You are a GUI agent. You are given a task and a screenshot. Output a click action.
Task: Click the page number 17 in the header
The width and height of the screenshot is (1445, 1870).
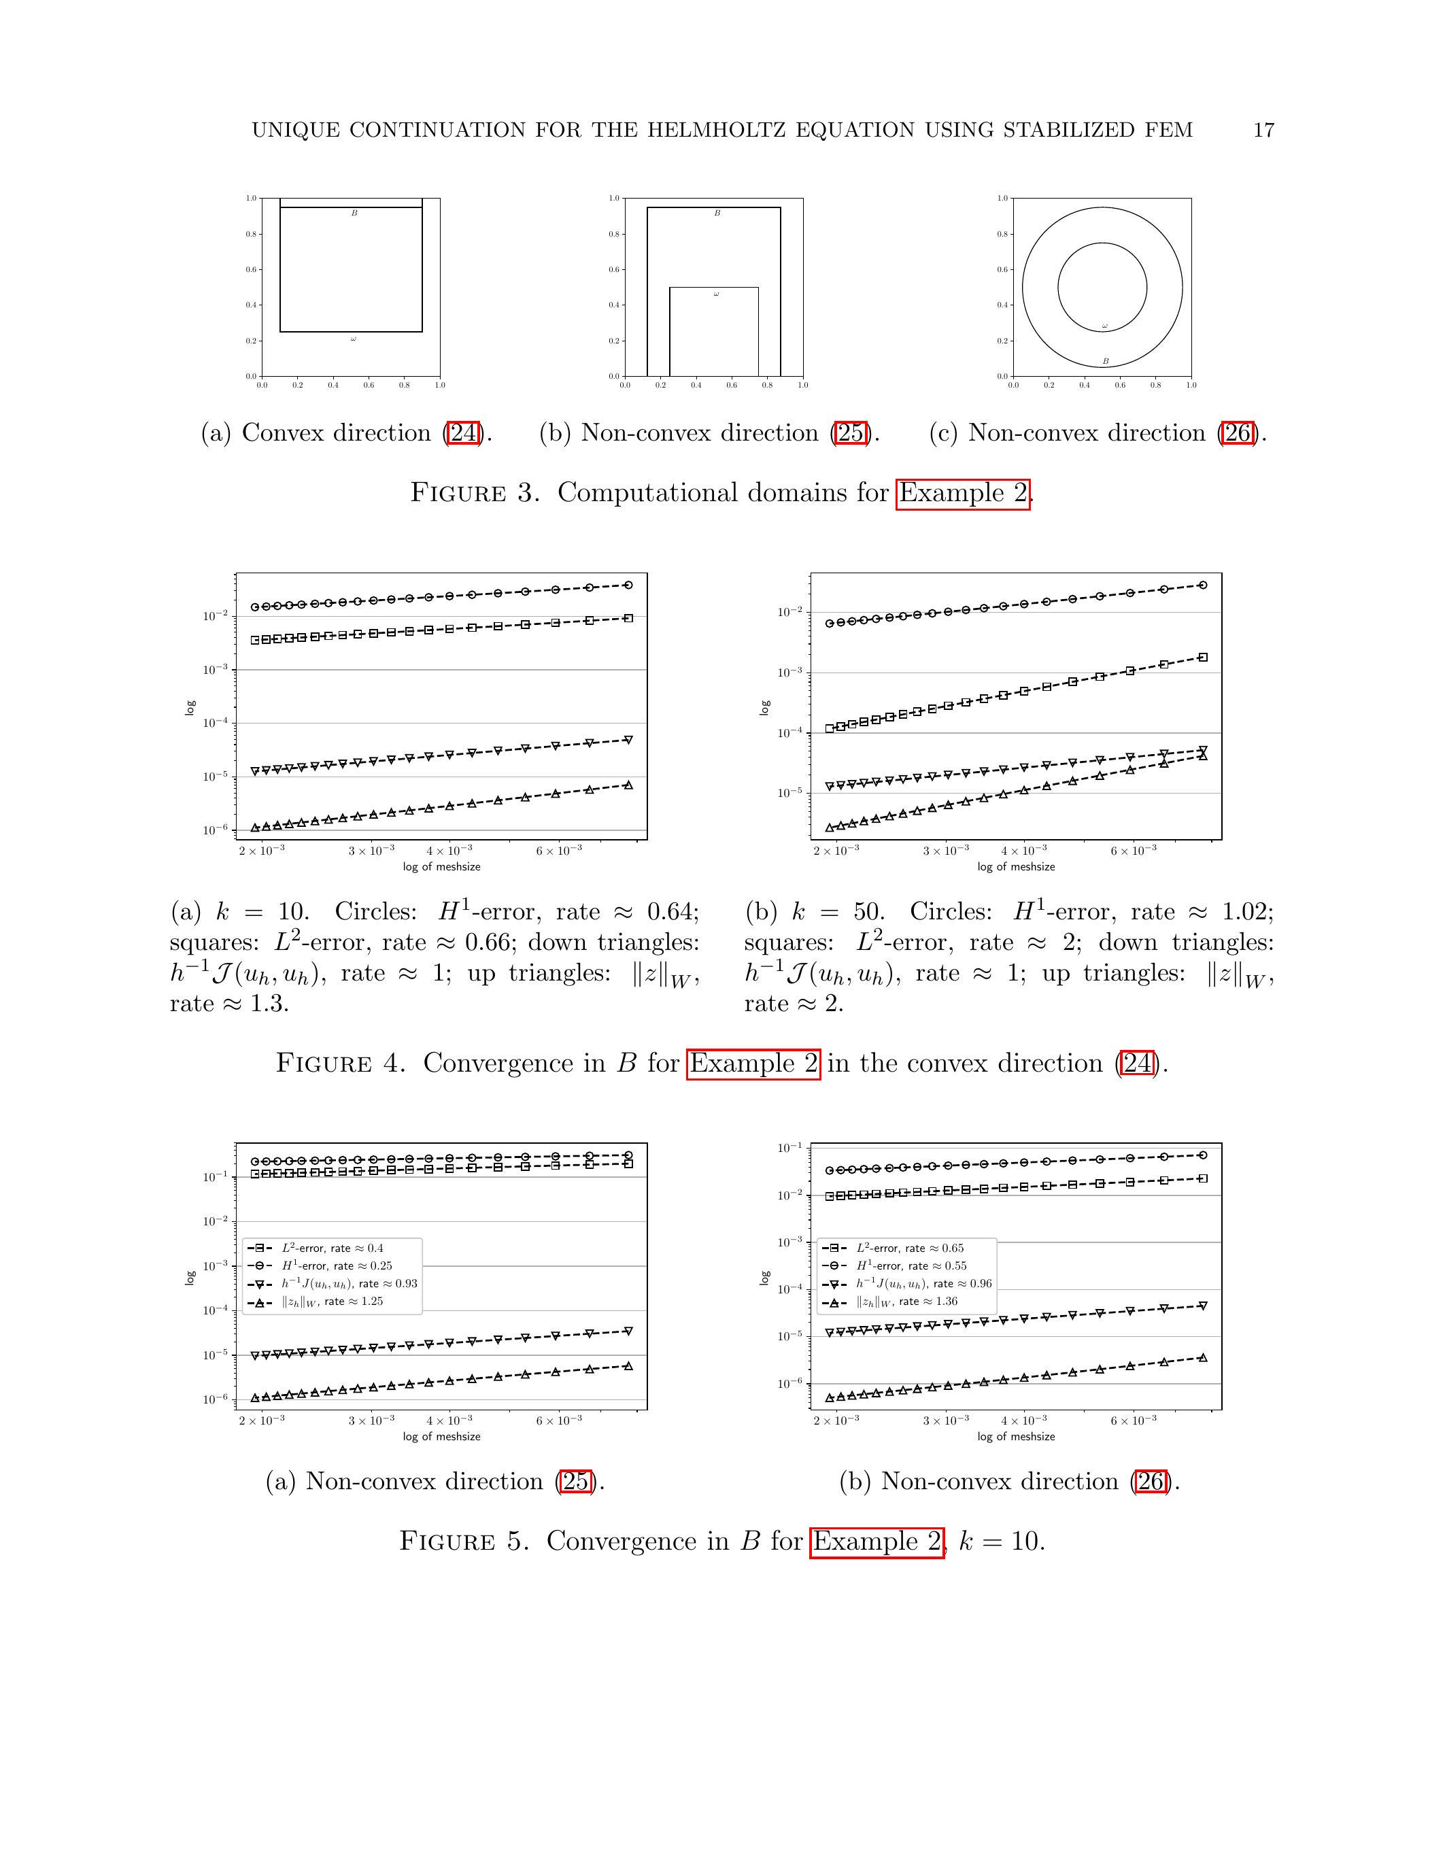pyautogui.click(x=1263, y=130)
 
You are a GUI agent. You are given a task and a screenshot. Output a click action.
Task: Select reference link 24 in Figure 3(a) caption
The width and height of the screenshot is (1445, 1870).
pyautogui.click(x=463, y=433)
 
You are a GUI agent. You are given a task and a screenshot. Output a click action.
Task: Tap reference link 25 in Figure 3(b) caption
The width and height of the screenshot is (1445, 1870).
pyautogui.click(x=851, y=433)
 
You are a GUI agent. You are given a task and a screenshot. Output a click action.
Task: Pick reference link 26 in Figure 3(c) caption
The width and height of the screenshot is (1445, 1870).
pyautogui.click(x=1238, y=433)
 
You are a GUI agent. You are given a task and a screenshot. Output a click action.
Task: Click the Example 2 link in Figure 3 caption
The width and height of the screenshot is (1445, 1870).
pyautogui.click(x=962, y=493)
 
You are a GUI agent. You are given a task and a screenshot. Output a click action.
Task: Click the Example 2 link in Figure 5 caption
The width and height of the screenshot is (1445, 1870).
pyautogui.click(x=877, y=1541)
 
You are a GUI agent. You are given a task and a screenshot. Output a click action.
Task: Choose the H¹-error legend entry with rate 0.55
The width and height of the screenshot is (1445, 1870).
pyautogui.click(x=911, y=1265)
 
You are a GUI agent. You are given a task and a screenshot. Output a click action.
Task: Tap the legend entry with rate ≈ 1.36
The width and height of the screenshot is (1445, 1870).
pyautogui.click(x=906, y=1302)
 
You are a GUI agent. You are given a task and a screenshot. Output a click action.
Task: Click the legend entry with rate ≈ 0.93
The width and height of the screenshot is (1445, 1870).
pyautogui.click(x=350, y=1283)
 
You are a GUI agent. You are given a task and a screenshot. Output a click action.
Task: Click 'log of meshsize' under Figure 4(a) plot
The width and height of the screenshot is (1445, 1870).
pyautogui.click(x=442, y=866)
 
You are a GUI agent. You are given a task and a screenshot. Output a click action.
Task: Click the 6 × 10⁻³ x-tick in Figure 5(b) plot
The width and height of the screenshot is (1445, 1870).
pyautogui.click(x=1134, y=1421)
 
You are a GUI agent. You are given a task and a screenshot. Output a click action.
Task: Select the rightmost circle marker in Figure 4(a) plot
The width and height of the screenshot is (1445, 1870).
pyautogui.click(x=628, y=585)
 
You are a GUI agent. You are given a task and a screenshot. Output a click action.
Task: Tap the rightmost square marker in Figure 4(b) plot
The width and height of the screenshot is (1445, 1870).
pyautogui.click(x=1203, y=658)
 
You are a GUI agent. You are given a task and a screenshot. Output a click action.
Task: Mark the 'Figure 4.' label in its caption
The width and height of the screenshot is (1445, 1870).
pyautogui.click(x=339, y=1064)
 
